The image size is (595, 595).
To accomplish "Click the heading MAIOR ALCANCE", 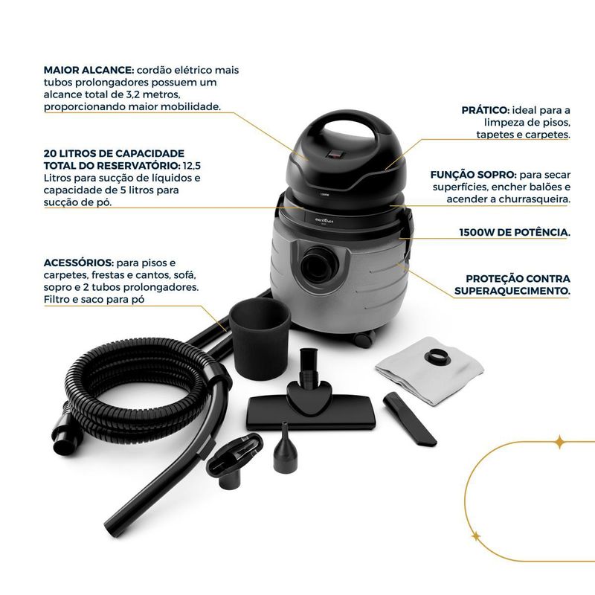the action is point(89,70).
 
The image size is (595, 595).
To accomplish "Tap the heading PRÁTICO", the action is point(486,110).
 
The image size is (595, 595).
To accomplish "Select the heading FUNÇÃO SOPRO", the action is point(473,175).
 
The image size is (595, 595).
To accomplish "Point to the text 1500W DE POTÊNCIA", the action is point(515,232).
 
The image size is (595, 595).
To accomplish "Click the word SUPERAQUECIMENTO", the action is point(512,291).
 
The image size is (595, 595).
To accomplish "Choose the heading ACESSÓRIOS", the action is point(79,263).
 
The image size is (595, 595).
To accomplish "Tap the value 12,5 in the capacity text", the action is point(192,166).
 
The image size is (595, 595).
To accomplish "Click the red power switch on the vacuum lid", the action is point(335,153).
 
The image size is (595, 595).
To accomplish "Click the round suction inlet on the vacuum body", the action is point(318,264).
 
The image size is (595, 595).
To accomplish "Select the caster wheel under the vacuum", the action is point(364,338).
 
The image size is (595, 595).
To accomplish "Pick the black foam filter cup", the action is point(260,338).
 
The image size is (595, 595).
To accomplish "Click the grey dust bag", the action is point(430,370).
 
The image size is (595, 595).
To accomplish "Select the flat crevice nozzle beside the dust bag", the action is point(410,419).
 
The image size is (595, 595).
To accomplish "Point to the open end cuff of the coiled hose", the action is point(67,437).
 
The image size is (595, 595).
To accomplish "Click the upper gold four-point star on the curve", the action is point(559,442).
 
